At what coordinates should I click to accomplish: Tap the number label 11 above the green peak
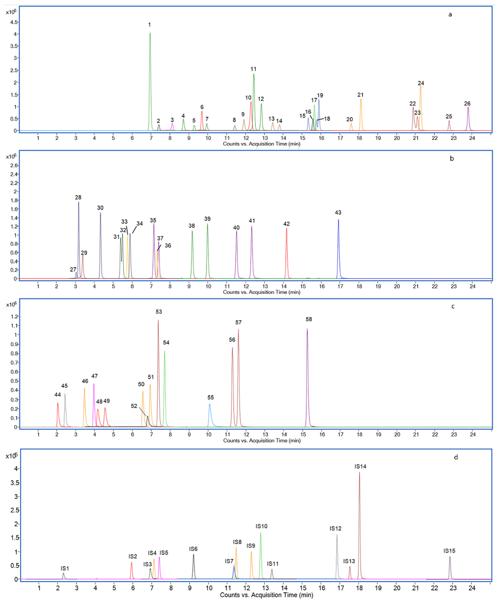253,69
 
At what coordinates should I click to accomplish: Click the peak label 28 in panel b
78,197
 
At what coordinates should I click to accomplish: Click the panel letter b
452,159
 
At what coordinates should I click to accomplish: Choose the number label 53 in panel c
159,311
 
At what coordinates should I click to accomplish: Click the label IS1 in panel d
65,568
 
